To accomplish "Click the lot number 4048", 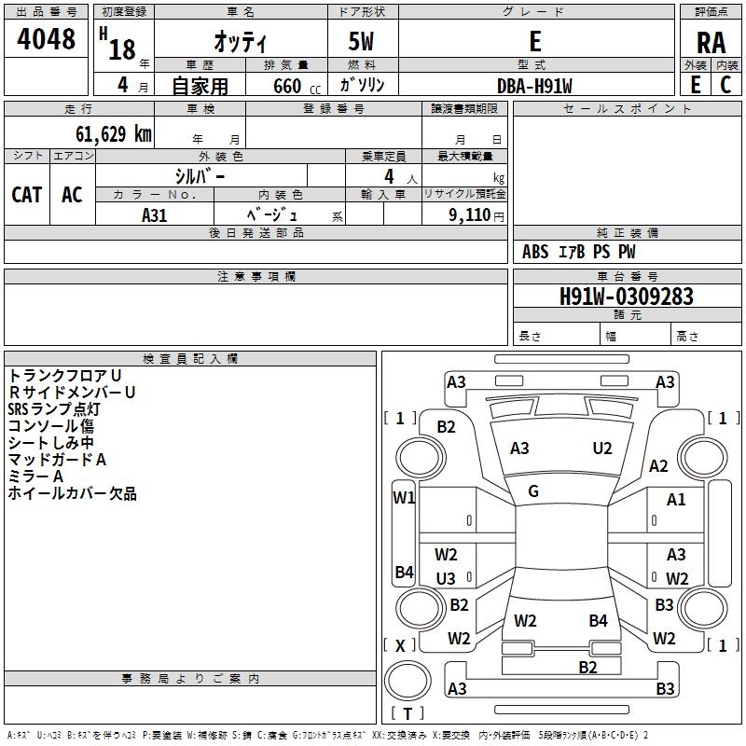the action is [x=46, y=39].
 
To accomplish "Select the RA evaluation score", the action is [x=711, y=43].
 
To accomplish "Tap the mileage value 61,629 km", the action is [x=113, y=134].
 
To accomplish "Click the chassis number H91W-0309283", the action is [x=626, y=297].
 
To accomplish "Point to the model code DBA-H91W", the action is [x=534, y=86].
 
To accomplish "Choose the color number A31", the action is [x=154, y=215].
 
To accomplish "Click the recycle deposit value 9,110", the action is [x=470, y=215].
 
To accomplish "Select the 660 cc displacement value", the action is [x=297, y=87].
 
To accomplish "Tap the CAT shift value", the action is [x=27, y=195].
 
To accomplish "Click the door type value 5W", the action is [x=361, y=41].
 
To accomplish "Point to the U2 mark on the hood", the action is [x=601, y=449].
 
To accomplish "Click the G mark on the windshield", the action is [x=533, y=491].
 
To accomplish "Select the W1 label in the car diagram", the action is [x=404, y=498].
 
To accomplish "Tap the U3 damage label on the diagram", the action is [x=446, y=578].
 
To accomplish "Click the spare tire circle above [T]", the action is [x=408, y=680].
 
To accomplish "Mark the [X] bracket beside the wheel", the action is [x=400, y=645].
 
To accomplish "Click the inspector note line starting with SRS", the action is [x=54, y=409].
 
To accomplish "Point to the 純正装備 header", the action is [x=627, y=233].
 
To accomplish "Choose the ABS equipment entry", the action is [x=535, y=252].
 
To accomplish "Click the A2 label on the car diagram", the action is [x=658, y=466].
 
